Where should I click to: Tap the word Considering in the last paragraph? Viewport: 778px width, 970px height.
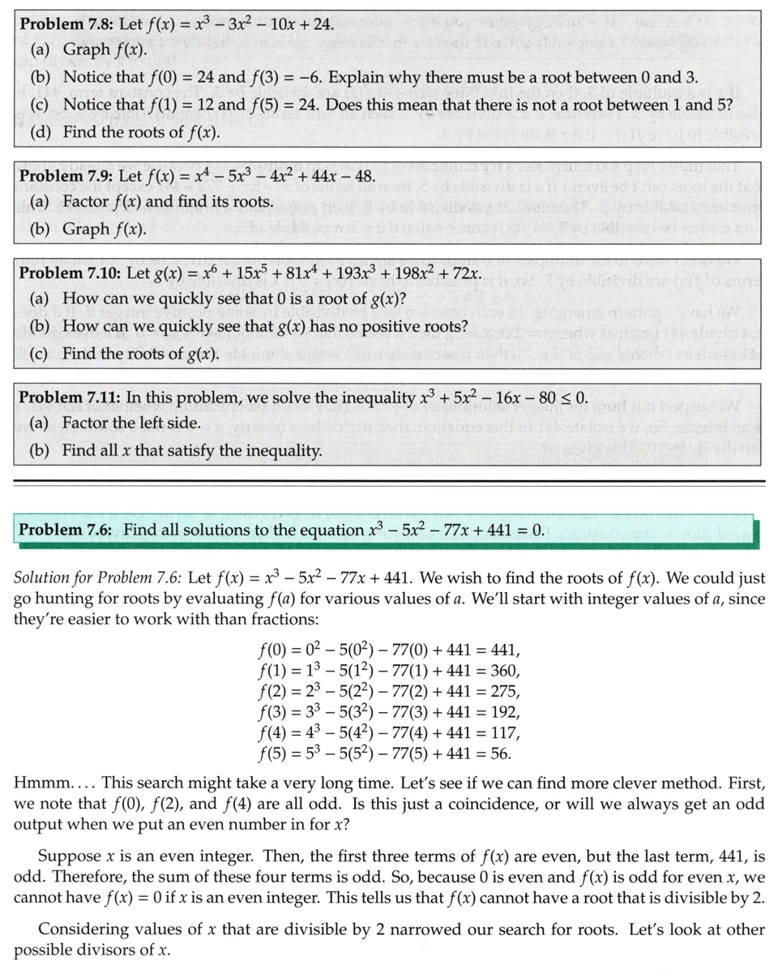(x=81, y=929)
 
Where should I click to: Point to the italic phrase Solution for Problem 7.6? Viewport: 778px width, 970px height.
(x=97, y=578)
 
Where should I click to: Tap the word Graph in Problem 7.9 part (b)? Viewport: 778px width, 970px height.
(x=87, y=228)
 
